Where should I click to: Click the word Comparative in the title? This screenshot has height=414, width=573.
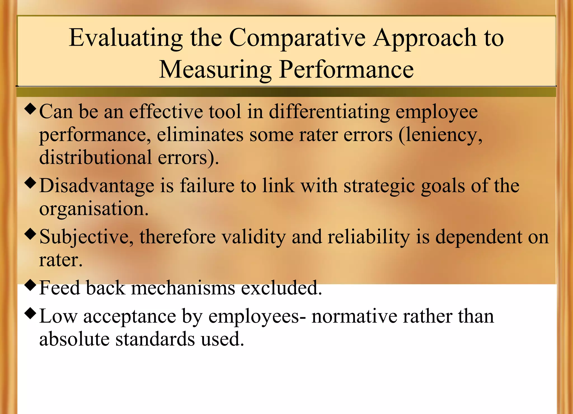pos(297,38)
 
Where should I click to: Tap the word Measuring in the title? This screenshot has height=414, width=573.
pos(215,70)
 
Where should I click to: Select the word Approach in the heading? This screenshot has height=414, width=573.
pos(425,38)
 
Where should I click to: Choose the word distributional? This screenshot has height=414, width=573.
pos(95,158)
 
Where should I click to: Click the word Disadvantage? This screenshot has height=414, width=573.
pos(97,186)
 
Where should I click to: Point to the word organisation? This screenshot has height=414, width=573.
pos(94,209)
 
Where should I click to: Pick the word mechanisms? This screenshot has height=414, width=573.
pos(183,288)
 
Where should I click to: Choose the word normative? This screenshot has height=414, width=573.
pos(354,317)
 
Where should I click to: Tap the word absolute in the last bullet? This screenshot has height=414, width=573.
pos(74,339)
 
